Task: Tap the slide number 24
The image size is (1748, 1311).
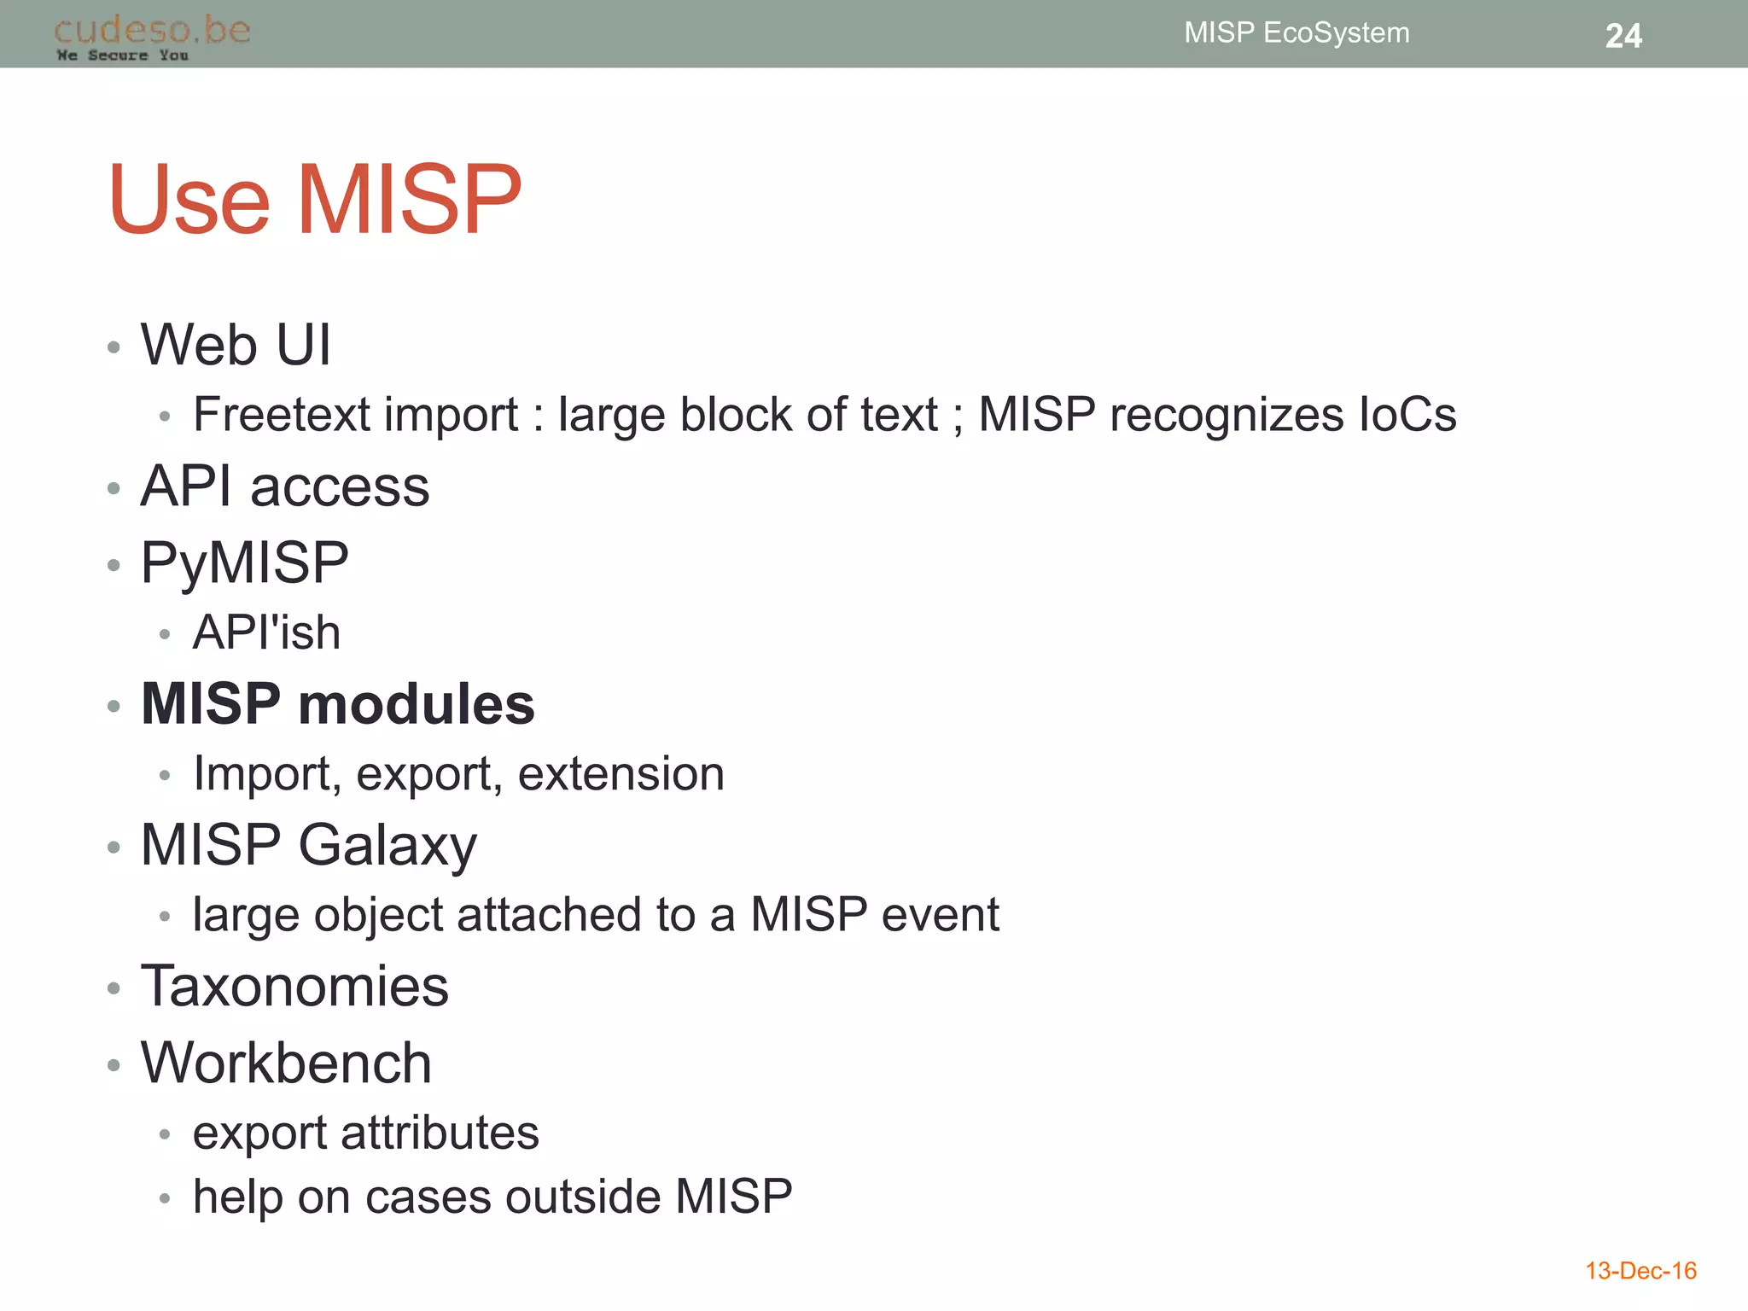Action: [1623, 36]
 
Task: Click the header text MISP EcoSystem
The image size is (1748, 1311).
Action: [1296, 32]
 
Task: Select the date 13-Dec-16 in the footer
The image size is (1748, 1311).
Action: [1640, 1271]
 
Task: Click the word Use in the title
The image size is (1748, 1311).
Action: [189, 201]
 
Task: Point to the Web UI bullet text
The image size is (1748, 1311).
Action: [236, 345]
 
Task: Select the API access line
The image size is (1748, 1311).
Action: [285, 487]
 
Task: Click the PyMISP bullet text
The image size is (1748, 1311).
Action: [245, 563]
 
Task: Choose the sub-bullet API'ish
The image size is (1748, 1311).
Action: [266, 632]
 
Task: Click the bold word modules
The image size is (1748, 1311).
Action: [417, 705]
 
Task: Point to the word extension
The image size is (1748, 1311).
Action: [621, 774]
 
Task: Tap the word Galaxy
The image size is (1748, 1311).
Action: [387, 846]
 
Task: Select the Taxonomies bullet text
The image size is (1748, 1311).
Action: [294, 986]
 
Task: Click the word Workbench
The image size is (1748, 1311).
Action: [286, 1063]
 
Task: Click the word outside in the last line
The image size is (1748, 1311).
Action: [582, 1197]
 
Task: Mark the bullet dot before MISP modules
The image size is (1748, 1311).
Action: [114, 707]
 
